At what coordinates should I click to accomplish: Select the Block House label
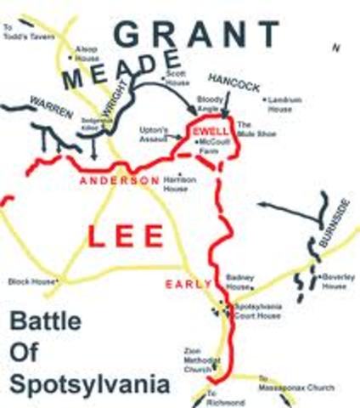(31, 280)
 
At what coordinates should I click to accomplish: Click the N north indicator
(335, 49)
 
